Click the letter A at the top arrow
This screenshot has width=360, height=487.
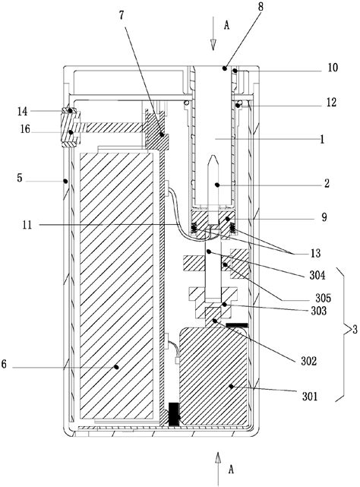[226, 25]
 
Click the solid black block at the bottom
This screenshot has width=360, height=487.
[175, 415]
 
